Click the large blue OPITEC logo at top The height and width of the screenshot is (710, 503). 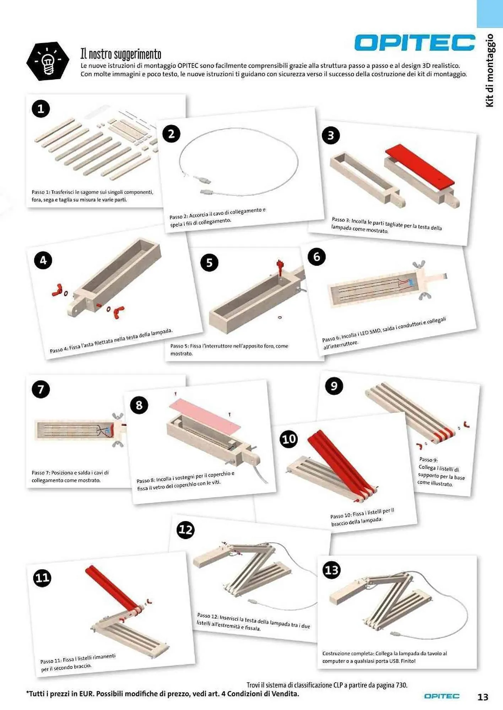tap(415, 43)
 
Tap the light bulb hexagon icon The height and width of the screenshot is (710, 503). tap(48, 61)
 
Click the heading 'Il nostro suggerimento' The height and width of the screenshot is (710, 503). tap(121, 54)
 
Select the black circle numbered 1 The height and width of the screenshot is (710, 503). tap(41, 108)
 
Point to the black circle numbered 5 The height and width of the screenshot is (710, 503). tap(209, 263)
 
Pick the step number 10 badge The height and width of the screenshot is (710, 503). tap(288, 439)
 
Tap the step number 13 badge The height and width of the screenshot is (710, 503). tap(331, 570)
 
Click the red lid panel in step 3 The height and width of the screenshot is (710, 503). tap(420, 165)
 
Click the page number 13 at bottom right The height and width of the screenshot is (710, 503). tap(483, 697)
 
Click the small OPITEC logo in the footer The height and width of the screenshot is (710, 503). tap(442, 696)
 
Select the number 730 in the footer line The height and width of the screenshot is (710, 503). tap(401, 685)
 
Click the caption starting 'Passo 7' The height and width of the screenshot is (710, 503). tap(70, 476)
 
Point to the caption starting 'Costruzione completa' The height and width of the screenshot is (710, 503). tap(385, 657)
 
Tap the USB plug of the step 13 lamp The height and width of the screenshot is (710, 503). tap(396, 634)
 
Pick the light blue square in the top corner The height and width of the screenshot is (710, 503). tap(490, 13)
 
